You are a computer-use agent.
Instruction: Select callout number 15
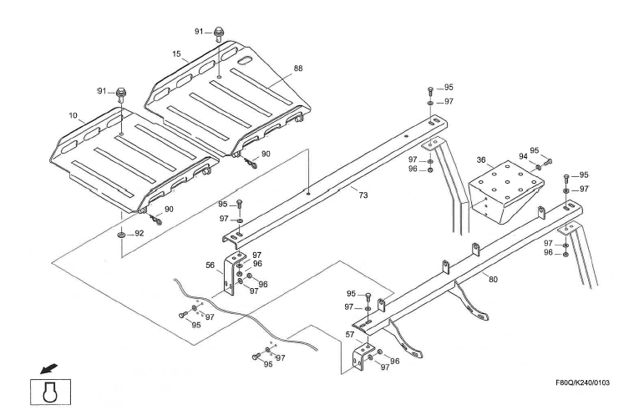pyautogui.click(x=177, y=54)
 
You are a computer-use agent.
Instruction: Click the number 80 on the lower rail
pyautogui.click(x=493, y=280)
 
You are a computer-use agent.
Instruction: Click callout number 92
pyautogui.click(x=139, y=234)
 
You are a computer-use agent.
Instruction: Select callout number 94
pyautogui.click(x=523, y=156)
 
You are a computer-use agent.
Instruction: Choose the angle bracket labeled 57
pyautogui.click(x=362, y=356)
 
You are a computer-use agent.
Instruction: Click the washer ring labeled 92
pyautogui.click(x=122, y=235)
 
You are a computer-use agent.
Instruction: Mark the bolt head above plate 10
pyautogui.click(x=121, y=92)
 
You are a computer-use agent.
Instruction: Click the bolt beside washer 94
pyautogui.click(x=549, y=160)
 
